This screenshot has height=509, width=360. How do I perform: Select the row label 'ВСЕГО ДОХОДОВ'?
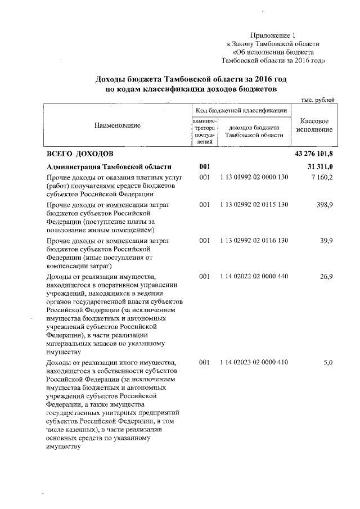[79, 154]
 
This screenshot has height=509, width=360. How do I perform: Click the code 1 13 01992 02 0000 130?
[254, 178]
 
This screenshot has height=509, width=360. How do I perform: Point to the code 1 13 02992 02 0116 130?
[254, 241]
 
